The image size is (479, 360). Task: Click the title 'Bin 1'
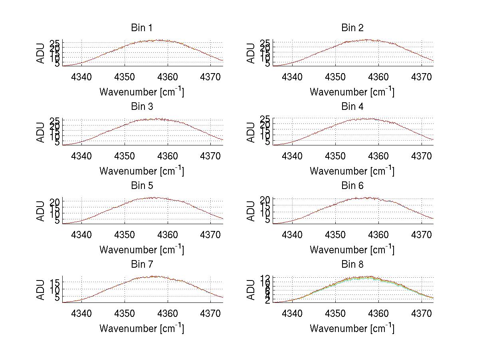[x=141, y=28]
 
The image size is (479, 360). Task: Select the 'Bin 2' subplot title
[x=352, y=28]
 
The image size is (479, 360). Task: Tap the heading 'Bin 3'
[x=141, y=107]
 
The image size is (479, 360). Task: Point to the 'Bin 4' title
[x=352, y=107]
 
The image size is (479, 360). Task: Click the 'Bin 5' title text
[x=141, y=186]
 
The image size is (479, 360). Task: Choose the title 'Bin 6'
[x=352, y=186]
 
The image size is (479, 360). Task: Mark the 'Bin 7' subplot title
[x=141, y=265]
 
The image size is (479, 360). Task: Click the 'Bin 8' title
[x=352, y=265]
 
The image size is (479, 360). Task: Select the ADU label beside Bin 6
[x=251, y=211]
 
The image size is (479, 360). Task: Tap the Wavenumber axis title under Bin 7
[x=141, y=328]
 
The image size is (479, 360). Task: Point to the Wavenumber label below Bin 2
[x=352, y=91]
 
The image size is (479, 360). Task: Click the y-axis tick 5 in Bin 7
[x=58, y=298]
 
